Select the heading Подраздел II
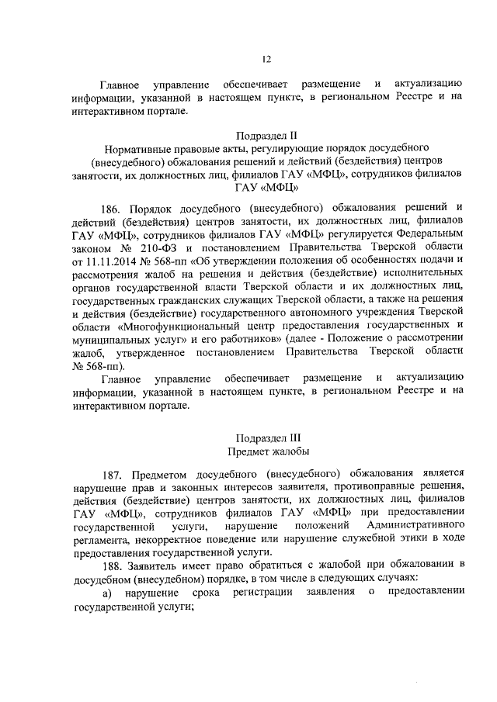point(266,134)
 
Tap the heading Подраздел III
point(266,437)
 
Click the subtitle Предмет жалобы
point(266,451)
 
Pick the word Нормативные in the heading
point(139,147)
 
